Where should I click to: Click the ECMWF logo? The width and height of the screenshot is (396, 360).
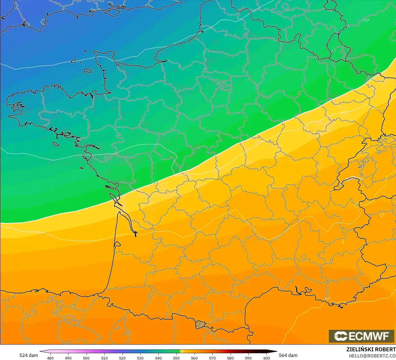pos(361,336)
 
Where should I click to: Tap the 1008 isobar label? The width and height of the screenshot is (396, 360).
pos(343,113)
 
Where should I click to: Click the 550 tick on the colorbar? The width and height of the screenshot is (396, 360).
pos(176,358)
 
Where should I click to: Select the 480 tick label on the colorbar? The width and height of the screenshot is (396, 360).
pos(50,358)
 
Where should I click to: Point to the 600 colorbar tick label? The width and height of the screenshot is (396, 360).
pos(266,358)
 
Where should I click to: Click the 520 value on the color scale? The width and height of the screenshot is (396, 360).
pos(122,358)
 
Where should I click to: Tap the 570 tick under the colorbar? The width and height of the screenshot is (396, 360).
pos(212,358)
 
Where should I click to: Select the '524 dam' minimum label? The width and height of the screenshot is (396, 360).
pos(29,355)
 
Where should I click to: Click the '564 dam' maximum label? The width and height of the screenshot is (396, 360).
pos(288,355)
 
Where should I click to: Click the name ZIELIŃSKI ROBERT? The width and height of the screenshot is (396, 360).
pos(371,349)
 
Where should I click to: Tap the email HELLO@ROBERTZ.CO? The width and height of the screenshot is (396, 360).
pos(372,356)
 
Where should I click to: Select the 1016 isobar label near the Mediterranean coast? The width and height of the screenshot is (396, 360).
pos(328,298)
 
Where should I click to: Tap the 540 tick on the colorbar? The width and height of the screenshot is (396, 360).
pos(158,358)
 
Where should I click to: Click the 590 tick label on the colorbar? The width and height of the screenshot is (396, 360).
pos(248,358)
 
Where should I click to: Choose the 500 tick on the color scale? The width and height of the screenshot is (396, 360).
pos(86,358)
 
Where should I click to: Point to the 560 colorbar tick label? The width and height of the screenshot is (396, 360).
pos(194,358)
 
